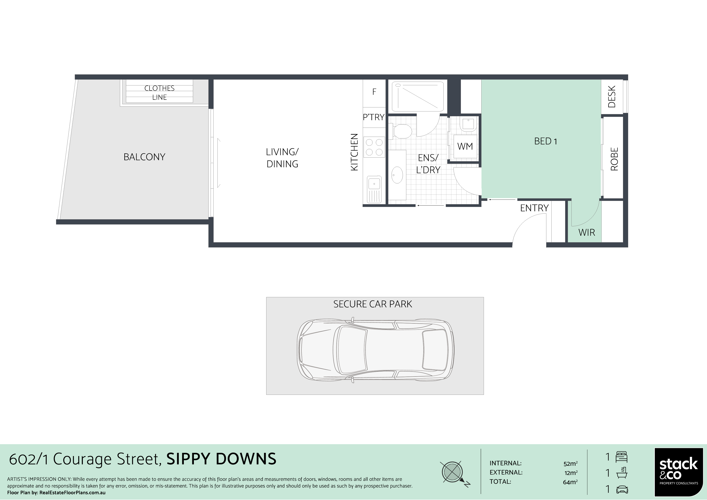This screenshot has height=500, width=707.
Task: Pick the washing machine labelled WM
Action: tap(465, 146)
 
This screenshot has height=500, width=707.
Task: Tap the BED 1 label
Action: tap(545, 141)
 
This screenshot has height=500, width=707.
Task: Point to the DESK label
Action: tap(611, 97)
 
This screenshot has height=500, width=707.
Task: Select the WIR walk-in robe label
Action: tap(587, 232)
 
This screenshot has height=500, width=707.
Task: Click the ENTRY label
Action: tap(534, 208)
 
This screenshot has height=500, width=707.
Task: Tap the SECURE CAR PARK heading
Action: tap(373, 304)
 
